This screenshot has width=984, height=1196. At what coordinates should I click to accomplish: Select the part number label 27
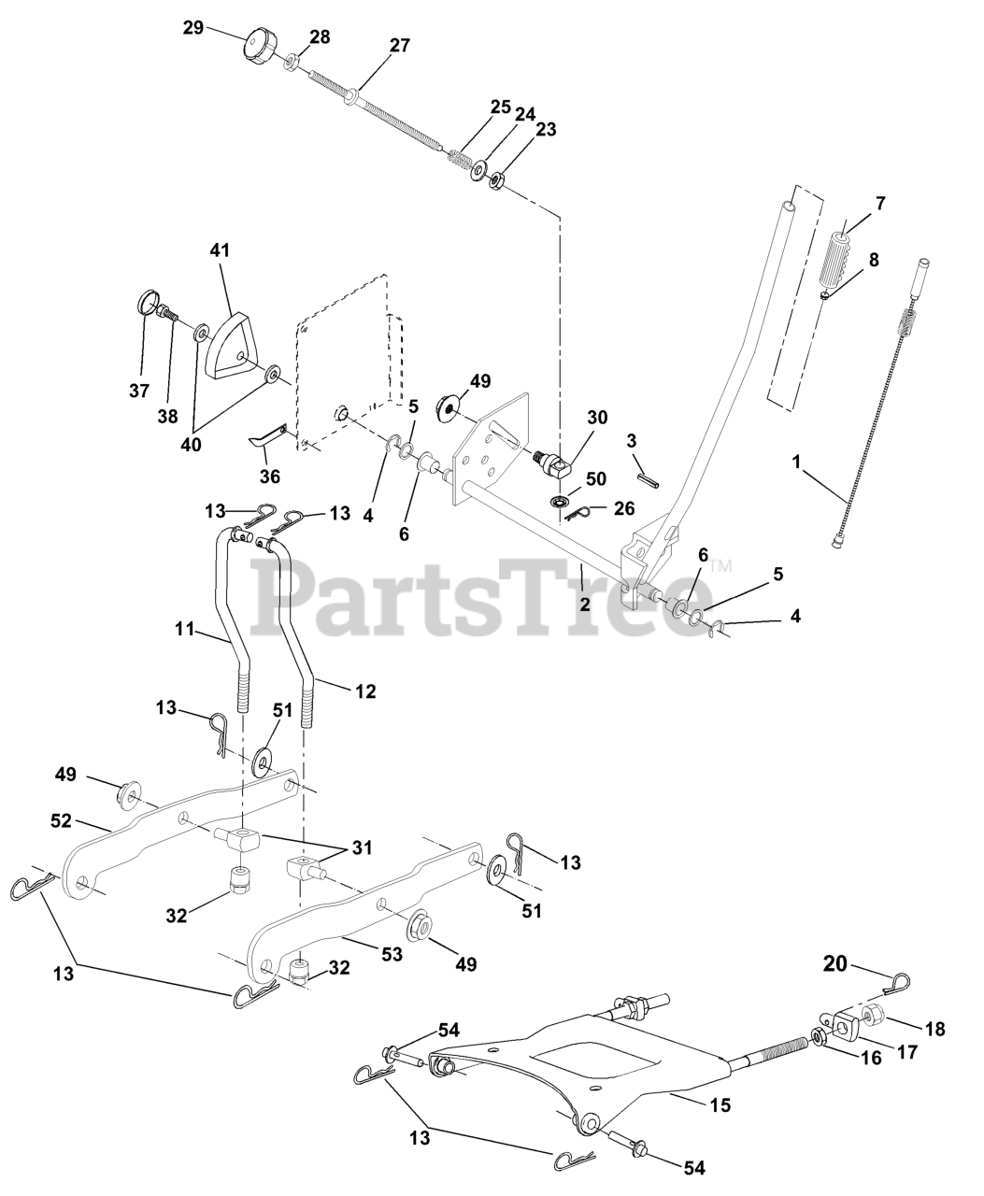tap(400, 46)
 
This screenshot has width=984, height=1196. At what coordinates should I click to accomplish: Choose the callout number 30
tap(597, 417)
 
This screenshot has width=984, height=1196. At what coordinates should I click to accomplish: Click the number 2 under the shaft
tap(585, 604)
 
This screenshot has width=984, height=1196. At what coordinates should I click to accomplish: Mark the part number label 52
tap(62, 821)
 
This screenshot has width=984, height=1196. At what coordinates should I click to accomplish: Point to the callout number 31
tap(362, 848)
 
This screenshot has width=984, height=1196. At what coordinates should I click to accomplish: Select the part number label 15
tap(720, 1105)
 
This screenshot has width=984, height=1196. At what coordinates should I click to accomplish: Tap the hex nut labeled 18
tap(877, 1015)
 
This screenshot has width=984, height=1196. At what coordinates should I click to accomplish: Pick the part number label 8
tap(874, 260)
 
